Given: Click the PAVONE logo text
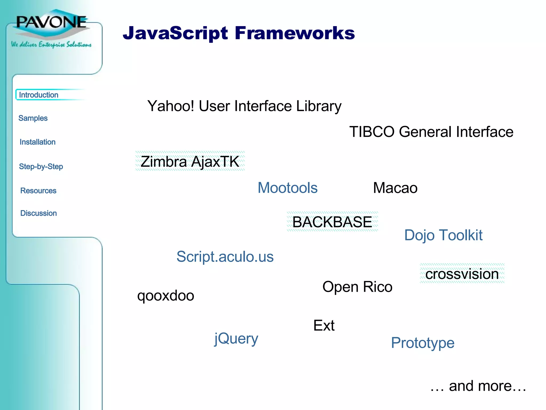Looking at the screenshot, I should click(x=51, y=22).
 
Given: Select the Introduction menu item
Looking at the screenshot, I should click(x=39, y=95).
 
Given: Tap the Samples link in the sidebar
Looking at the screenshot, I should click(x=33, y=118).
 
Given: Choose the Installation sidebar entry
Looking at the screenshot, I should click(x=38, y=142).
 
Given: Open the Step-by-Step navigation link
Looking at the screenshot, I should click(x=41, y=167).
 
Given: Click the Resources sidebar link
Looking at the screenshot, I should click(x=38, y=191).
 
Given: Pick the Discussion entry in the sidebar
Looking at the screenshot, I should click(x=39, y=213).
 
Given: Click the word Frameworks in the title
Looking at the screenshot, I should click(x=295, y=33).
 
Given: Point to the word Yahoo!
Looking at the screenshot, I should click(x=171, y=106).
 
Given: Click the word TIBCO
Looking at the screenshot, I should click(x=372, y=132).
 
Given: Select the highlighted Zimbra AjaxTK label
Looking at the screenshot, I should click(x=190, y=161).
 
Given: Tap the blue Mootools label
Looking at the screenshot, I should click(x=287, y=188).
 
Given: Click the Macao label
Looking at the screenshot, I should click(x=395, y=188).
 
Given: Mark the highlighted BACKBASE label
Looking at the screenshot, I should click(x=332, y=222).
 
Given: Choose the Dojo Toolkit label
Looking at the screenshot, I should click(x=443, y=235).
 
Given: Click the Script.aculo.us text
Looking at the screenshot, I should click(x=225, y=257).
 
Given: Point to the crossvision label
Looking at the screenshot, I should click(x=462, y=274).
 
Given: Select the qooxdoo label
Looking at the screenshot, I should click(x=166, y=296).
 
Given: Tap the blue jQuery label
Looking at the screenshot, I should click(x=236, y=338).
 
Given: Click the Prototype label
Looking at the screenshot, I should click(x=423, y=343).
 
